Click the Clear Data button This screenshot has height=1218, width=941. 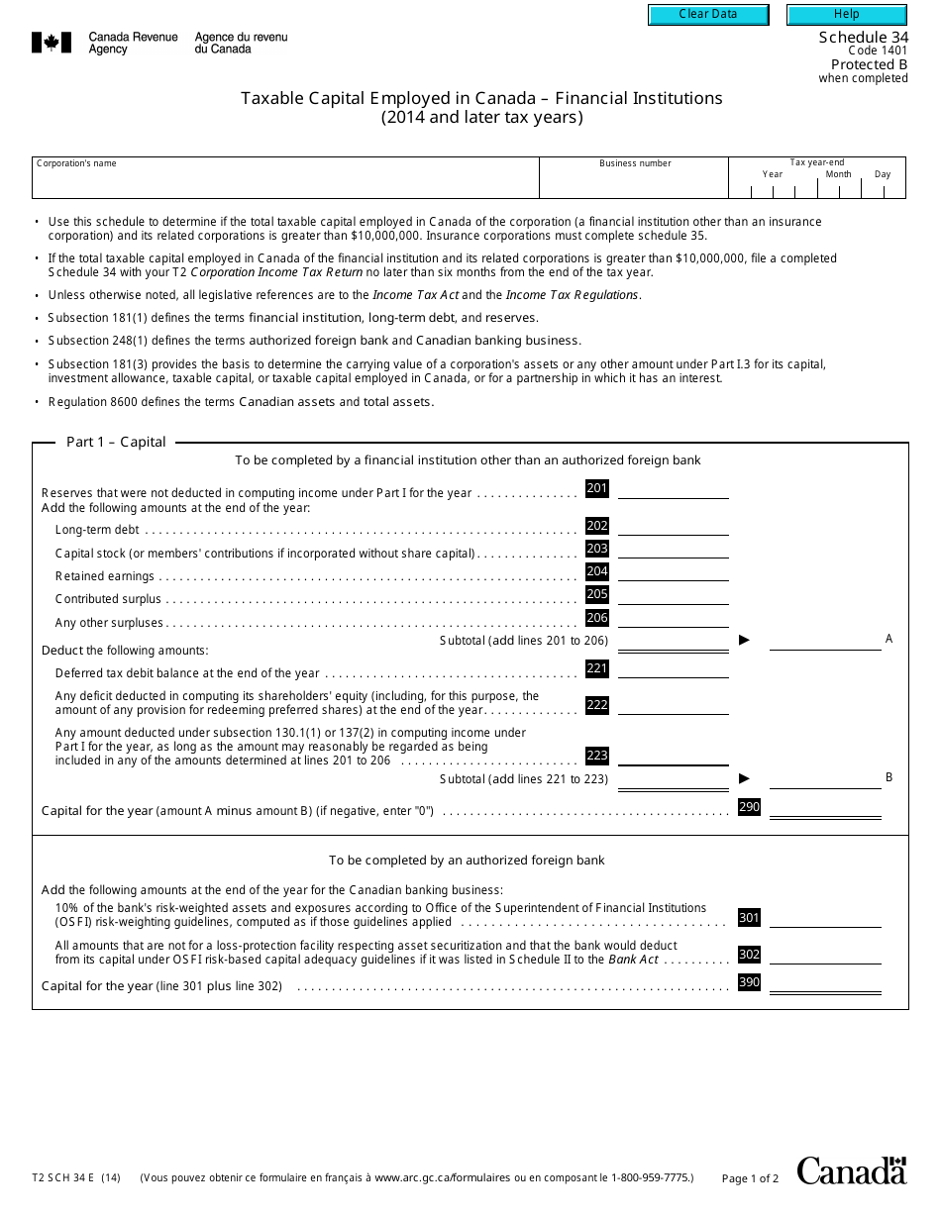708,15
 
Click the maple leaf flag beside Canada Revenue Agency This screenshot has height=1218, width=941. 52,43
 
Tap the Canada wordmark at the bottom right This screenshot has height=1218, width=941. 852,1170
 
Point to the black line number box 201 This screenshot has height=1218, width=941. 597,488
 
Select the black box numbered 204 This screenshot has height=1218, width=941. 597,571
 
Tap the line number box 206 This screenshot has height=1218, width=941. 597,618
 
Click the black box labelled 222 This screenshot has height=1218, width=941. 597,705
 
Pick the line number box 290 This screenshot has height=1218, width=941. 750,807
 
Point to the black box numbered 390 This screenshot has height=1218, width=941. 750,982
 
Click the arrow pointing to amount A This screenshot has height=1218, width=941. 745,641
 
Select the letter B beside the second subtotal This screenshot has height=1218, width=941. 889,777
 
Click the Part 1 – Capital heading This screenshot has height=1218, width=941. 116,442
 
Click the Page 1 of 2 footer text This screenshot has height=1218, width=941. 751,1178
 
